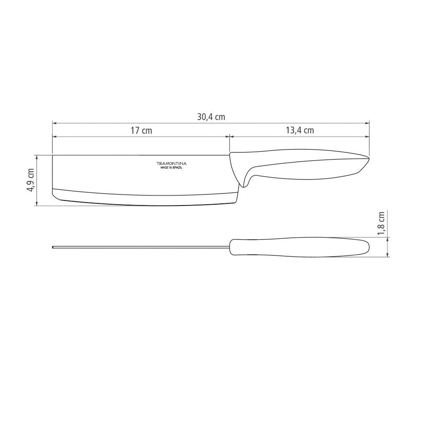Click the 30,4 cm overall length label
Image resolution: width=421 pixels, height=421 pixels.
tap(211, 117)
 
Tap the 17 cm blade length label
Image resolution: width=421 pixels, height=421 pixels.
tap(141, 131)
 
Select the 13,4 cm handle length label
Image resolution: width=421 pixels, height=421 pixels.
tap(300, 131)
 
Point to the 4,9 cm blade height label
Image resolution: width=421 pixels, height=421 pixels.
tap(32, 180)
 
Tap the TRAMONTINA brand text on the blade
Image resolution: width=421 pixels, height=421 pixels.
tap(172, 163)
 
